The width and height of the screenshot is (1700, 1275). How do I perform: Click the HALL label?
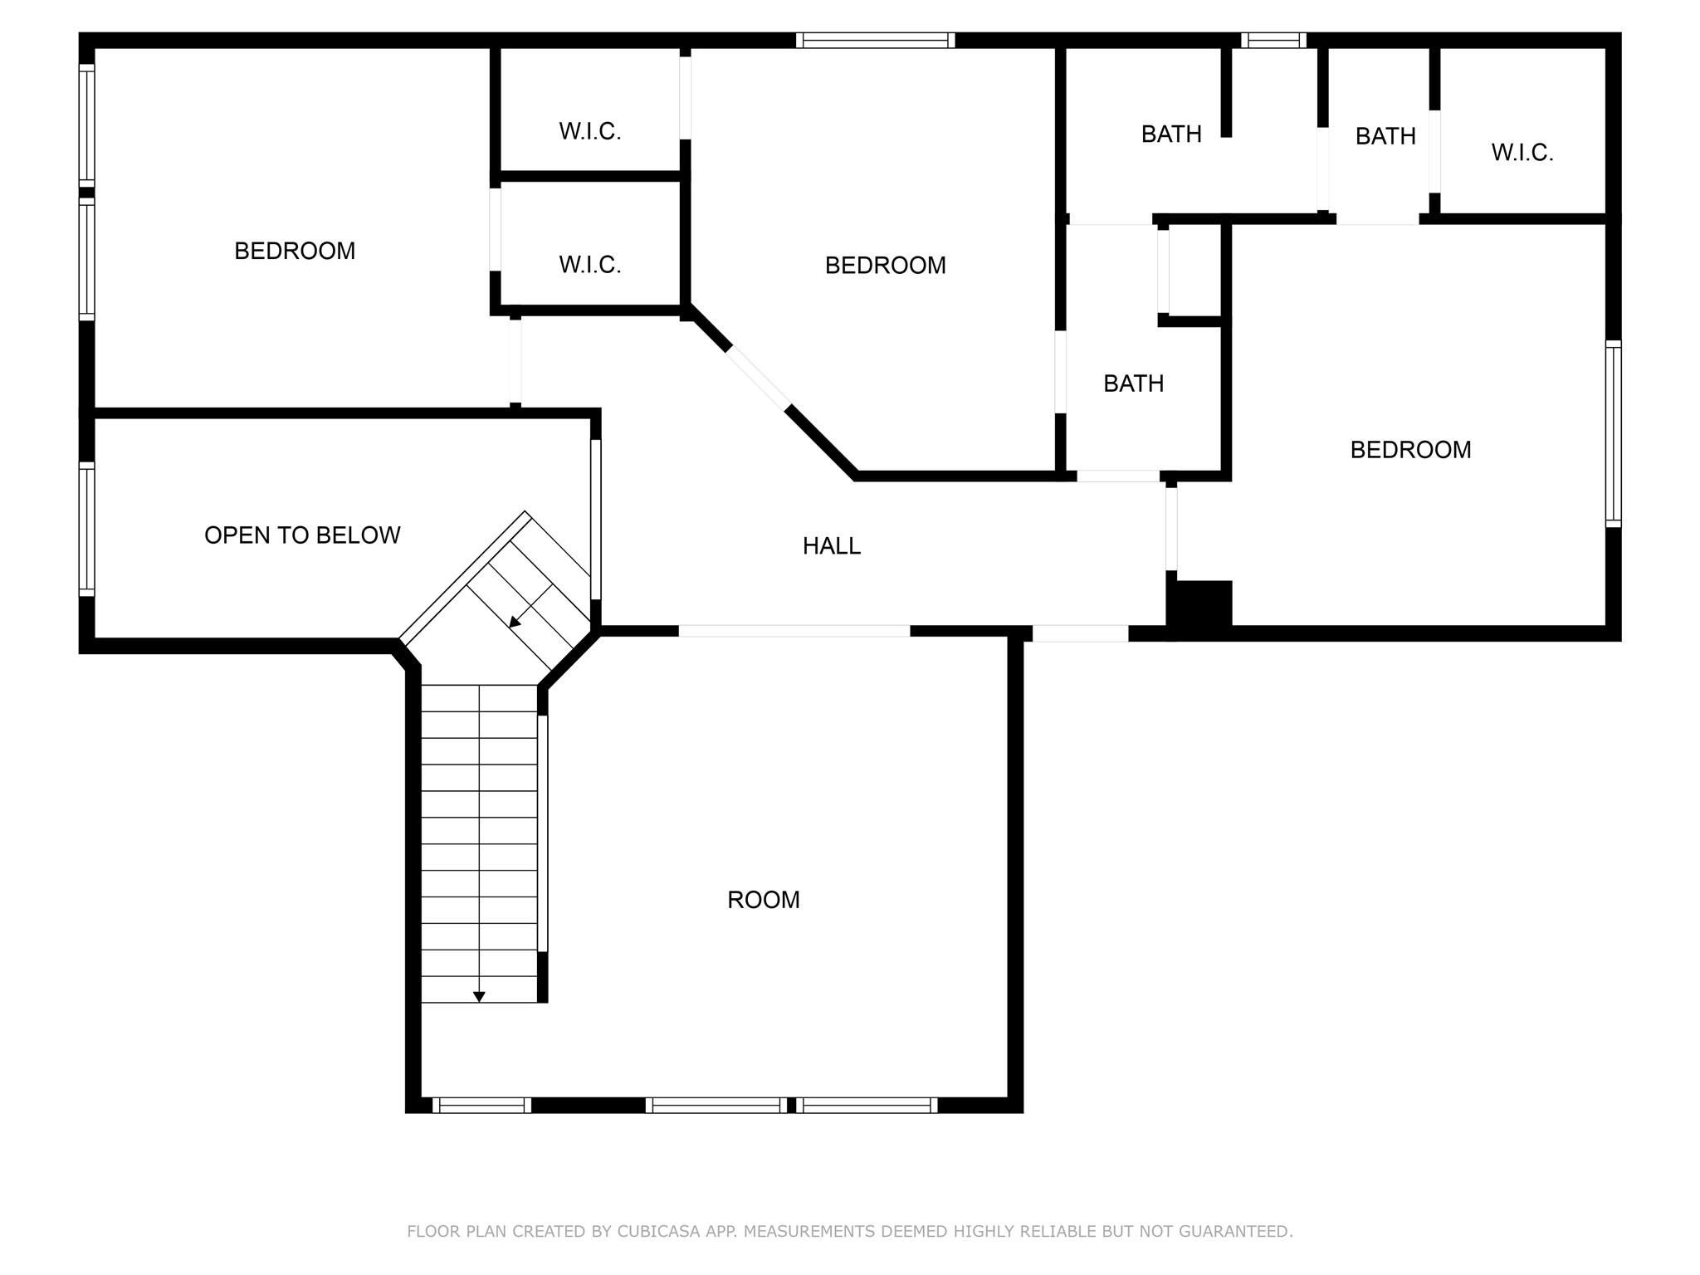[x=831, y=546]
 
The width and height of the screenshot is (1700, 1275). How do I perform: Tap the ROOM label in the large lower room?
[x=763, y=900]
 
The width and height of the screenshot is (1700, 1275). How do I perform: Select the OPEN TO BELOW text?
[x=302, y=535]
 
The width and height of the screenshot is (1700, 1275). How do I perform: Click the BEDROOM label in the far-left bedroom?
[x=295, y=251]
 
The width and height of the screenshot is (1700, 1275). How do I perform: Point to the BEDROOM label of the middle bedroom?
[x=885, y=266]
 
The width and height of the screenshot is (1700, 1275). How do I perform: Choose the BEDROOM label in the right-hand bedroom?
[x=1410, y=450]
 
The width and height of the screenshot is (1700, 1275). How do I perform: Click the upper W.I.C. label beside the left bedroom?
[x=589, y=131]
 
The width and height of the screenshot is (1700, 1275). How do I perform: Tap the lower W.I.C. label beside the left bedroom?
[x=589, y=265]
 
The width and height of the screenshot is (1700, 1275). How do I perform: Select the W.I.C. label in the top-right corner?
[x=1522, y=153]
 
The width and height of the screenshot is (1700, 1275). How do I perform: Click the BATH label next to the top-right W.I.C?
[x=1385, y=136]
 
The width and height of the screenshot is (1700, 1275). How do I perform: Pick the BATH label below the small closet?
[x=1133, y=383]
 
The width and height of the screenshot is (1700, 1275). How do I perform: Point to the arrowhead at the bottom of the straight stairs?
[x=479, y=997]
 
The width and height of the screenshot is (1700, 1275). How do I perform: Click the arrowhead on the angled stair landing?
[x=515, y=622]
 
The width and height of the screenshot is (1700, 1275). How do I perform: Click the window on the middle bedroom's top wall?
[x=875, y=40]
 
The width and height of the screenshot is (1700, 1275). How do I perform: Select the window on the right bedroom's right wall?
[x=1613, y=433]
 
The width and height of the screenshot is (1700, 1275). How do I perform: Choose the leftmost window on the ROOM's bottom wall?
[x=481, y=1105]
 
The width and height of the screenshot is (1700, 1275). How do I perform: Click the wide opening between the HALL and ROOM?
[x=794, y=631]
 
